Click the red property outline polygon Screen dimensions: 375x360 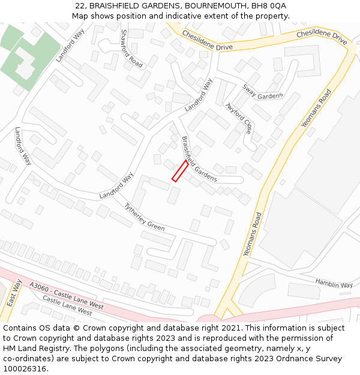(180, 170)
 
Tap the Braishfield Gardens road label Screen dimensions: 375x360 (199, 160)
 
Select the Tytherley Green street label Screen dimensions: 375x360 (144, 217)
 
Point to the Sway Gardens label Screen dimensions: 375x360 (262, 91)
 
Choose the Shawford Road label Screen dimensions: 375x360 (132, 48)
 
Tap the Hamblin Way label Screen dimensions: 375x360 (334, 284)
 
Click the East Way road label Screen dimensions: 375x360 (14, 293)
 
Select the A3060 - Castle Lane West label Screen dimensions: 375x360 (66, 296)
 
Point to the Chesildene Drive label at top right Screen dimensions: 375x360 (322, 38)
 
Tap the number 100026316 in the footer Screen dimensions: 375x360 (23, 368)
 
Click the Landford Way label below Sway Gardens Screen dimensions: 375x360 (199, 95)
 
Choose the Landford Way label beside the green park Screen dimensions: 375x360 (70, 46)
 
